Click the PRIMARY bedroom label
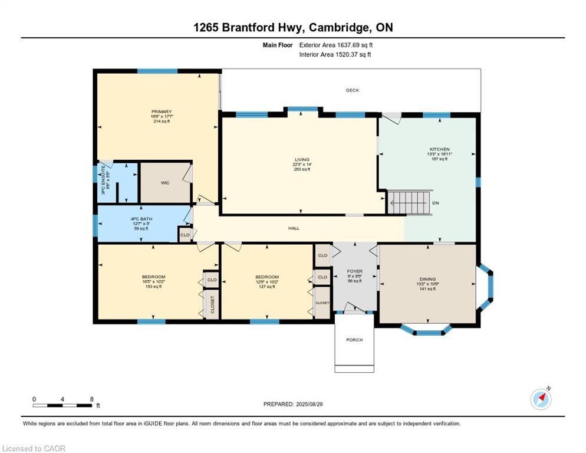161,111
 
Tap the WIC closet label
165,183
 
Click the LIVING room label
301,159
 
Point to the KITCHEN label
439,149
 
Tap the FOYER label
354,271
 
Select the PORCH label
354,340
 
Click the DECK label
352,90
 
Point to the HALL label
293,227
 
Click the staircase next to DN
410,202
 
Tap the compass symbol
541,399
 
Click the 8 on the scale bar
91,399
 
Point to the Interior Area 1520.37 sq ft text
335,55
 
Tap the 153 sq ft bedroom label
153,287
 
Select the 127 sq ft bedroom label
267,287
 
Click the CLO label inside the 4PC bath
185,235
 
